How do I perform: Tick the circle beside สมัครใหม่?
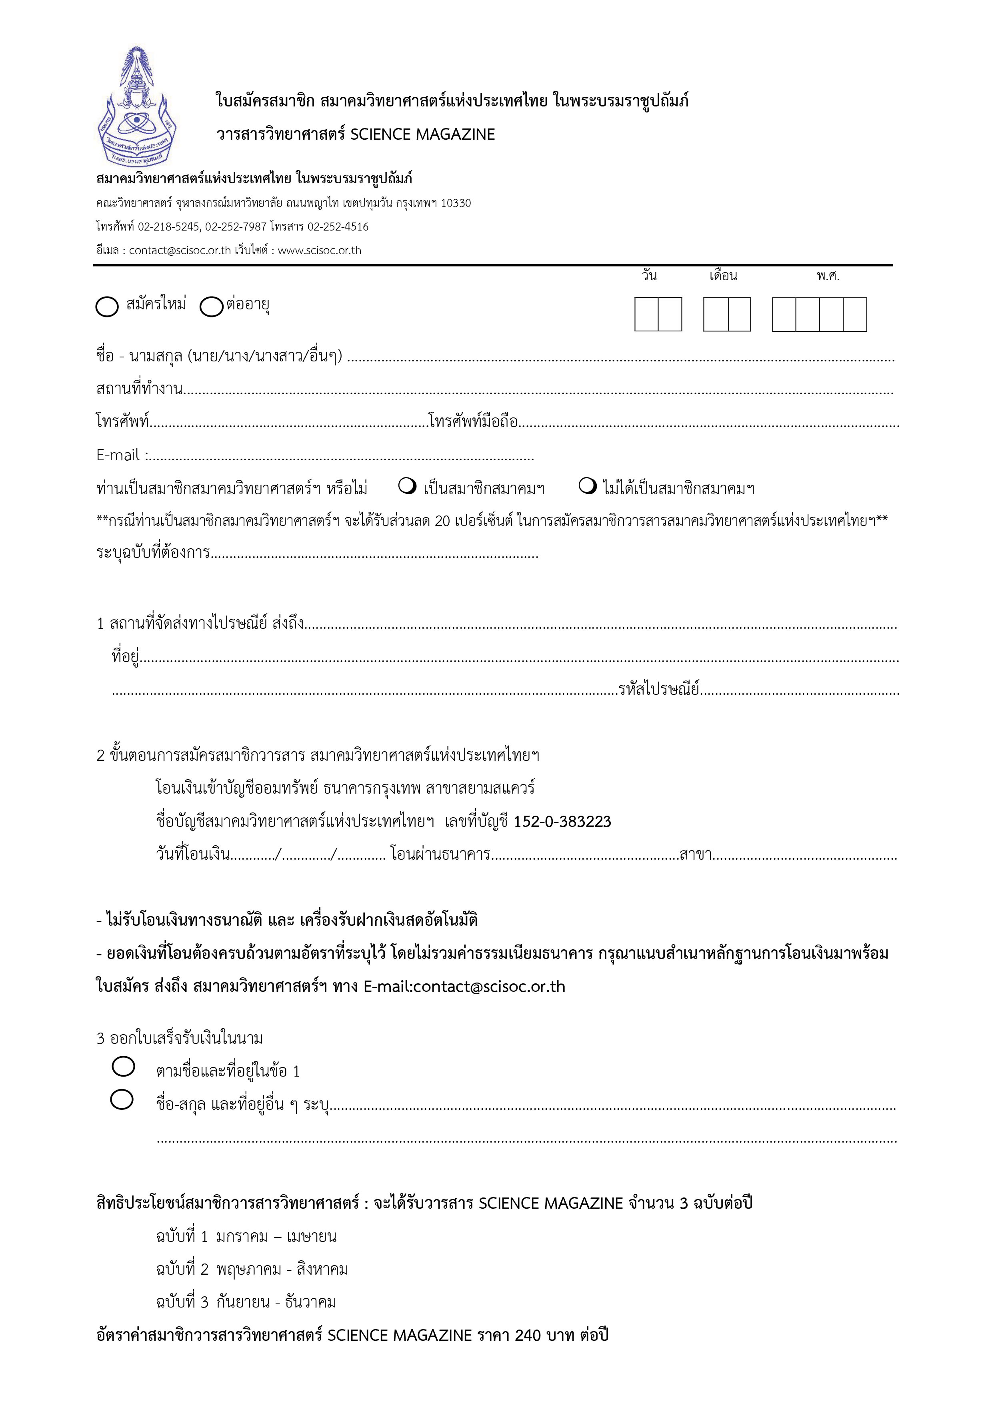[107, 306]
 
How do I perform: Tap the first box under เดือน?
[715, 314]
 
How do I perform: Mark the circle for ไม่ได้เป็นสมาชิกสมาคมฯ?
[587, 486]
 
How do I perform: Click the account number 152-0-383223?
[562, 821]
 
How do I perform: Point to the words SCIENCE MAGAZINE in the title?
[422, 134]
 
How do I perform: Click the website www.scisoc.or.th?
[319, 250]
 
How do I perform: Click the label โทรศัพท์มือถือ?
[473, 421]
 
